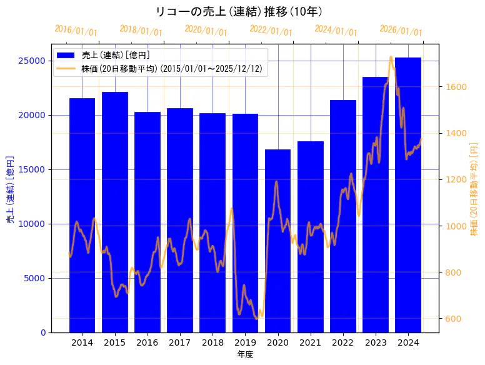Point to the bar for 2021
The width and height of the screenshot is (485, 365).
coord(310,237)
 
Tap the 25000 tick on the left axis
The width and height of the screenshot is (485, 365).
coord(34,61)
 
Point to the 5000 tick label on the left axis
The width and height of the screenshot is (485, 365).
coord(36,278)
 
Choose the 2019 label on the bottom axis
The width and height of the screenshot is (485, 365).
coord(245,342)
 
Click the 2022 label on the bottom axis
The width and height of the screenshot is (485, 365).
coord(343,342)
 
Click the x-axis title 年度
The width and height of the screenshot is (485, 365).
coord(245,354)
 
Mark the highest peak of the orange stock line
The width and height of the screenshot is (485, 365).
coord(391,57)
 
